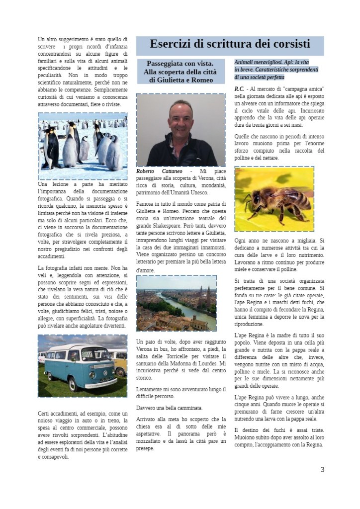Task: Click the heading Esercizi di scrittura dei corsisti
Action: click(x=230, y=44)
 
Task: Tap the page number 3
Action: click(x=322, y=469)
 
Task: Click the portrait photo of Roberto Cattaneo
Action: click(x=180, y=130)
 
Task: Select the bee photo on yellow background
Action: click(x=274, y=199)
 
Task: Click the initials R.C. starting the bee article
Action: click(x=239, y=88)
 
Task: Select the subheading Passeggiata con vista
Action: click(x=180, y=63)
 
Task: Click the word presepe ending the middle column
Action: click(x=145, y=448)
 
